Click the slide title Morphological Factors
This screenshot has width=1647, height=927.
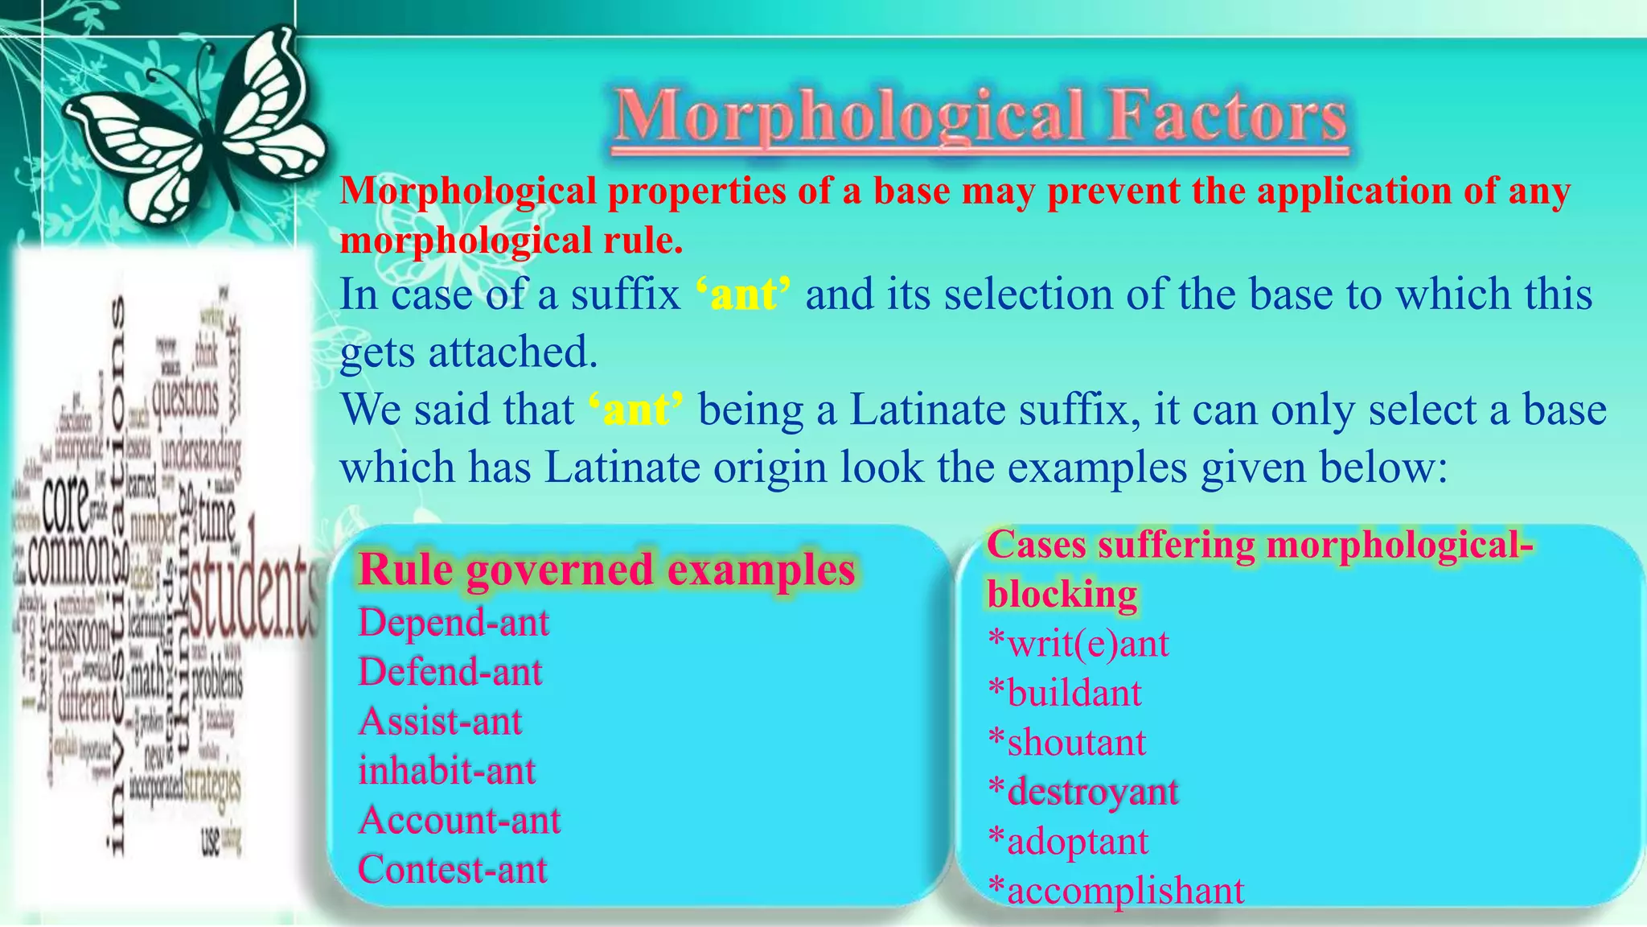[980, 117]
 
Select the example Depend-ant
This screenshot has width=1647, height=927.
[454, 623]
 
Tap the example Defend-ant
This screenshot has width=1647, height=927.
[450, 672]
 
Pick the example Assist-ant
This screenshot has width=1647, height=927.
[441, 721]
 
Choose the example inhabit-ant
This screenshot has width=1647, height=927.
[447, 771]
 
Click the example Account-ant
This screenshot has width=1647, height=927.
[460, 821]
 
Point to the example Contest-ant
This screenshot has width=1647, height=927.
[453, 870]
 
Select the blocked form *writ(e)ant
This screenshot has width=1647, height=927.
[1078, 644]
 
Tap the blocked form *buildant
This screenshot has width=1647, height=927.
[1065, 693]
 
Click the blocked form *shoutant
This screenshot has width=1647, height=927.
[1067, 743]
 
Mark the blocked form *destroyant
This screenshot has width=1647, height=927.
[1083, 792]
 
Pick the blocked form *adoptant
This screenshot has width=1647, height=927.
[1068, 842]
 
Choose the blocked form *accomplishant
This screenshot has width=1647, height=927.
[1116, 891]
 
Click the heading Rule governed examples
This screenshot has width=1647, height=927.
[607, 570]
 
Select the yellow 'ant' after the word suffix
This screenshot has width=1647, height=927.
[743, 294]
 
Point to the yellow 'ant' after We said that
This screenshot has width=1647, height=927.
[636, 410]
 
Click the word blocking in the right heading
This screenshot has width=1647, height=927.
[1062, 595]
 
